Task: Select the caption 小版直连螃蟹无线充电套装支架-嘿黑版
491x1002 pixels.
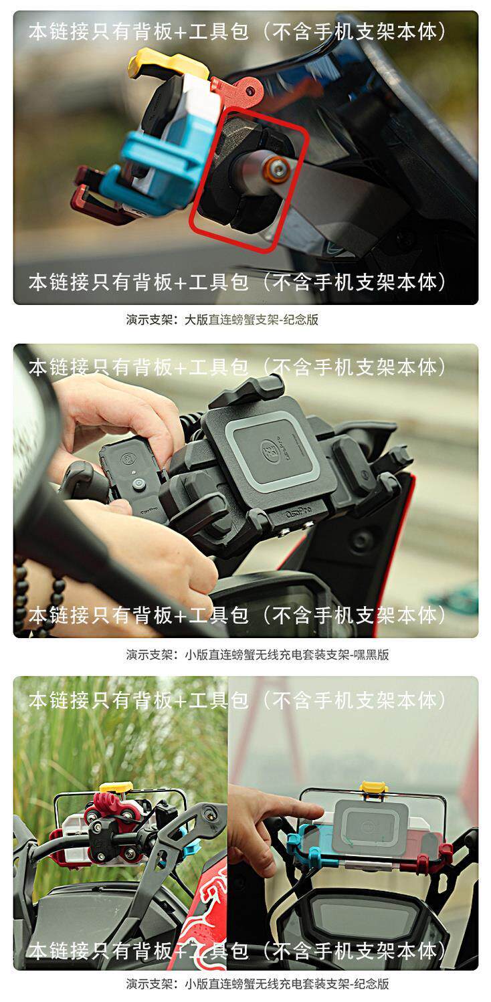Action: tap(287, 654)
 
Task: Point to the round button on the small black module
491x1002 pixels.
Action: tap(138, 485)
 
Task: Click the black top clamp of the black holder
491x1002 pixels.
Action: tap(248, 391)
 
